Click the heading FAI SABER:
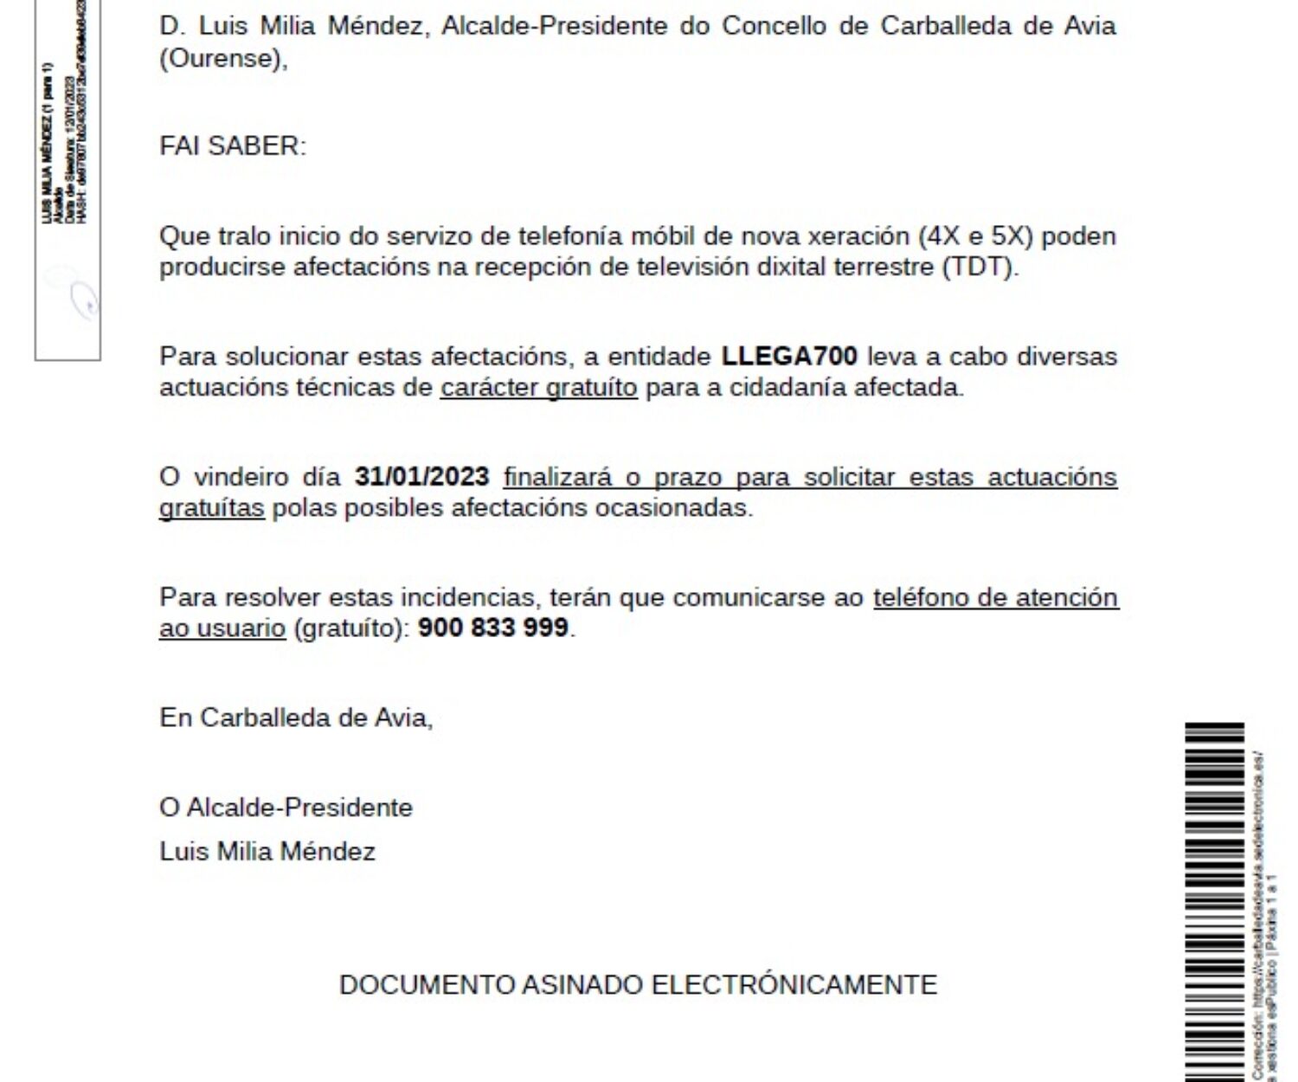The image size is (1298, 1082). click(x=233, y=145)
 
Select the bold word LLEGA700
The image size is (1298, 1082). click(x=789, y=357)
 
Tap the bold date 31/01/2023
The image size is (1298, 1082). click(x=421, y=477)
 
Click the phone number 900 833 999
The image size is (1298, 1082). click(x=492, y=627)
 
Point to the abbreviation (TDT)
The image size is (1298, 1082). click(x=980, y=267)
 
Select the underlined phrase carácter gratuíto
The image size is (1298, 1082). click(x=538, y=387)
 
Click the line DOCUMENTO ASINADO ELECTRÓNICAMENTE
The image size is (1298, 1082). click(x=638, y=985)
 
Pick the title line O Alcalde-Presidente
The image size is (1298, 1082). click(x=286, y=808)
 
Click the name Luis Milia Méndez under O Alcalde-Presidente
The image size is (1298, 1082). click(x=267, y=852)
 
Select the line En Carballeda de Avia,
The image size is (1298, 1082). click(x=296, y=718)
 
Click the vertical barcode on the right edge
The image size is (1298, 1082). click(x=1213, y=900)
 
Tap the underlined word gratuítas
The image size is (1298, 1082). click(x=211, y=507)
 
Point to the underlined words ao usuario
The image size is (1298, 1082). click(x=222, y=628)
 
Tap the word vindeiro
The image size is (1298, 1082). click(x=241, y=477)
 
